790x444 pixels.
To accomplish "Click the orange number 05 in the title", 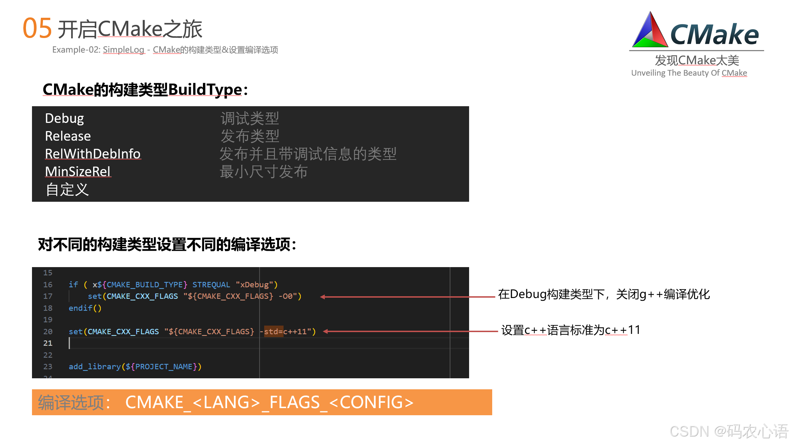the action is click(x=37, y=28).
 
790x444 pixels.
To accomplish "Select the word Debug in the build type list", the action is click(x=64, y=118).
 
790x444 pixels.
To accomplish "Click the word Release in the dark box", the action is click(x=68, y=136).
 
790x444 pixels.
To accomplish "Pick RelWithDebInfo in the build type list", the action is click(x=93, y=154).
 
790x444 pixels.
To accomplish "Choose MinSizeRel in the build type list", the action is click(x=78, y=172).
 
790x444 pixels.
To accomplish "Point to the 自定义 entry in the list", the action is click(x=67, y=190).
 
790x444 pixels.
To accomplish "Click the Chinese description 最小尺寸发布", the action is click(x=264, y=172).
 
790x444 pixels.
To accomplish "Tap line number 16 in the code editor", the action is click(x=48, y=285).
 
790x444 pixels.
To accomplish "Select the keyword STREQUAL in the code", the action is click(x=211, y=285).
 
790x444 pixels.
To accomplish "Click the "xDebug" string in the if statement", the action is click(x=254, y=285).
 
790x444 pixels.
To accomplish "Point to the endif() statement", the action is click(x=85, y=308).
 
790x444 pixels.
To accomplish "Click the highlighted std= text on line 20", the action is click(x=273, y=331).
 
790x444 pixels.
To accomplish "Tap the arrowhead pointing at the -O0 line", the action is click(x=322, y=297).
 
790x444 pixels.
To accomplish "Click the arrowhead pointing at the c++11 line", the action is click(x=325, y=331).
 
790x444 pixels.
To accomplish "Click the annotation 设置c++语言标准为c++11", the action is click(x=571, y=330).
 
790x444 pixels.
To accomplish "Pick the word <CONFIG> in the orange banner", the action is click(x=371, y=402).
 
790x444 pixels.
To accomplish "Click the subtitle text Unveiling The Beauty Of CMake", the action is click(x=689, y=73).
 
